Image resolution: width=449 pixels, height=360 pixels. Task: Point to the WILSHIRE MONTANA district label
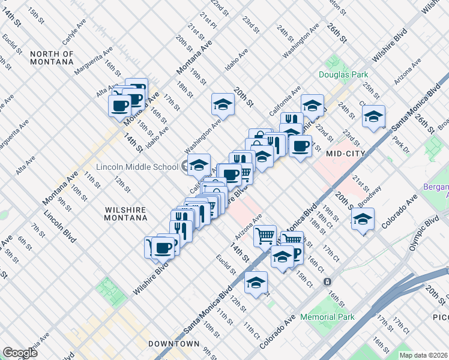point(125,214)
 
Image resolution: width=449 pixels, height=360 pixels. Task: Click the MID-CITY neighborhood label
point(346,154)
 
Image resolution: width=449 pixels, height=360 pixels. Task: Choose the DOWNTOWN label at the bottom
point(173,344)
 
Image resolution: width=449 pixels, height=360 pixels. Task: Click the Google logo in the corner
point(20,353)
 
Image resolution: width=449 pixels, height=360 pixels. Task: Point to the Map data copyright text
point(423,355)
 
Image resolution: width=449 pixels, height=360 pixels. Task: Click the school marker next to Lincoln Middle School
point(199,164)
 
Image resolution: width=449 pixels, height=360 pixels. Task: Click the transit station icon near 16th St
point(327,281)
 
